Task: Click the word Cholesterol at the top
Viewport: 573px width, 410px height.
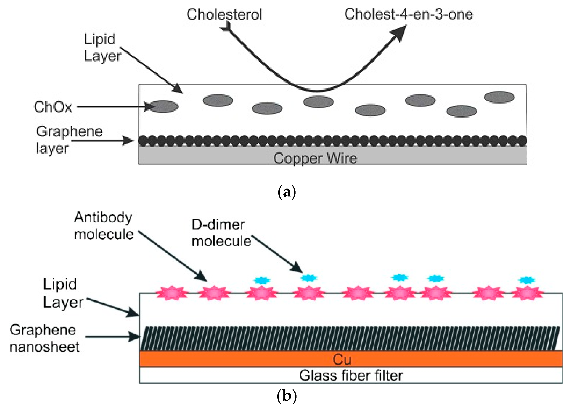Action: coord(224,14)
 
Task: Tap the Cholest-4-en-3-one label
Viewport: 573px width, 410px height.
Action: coord(408,14)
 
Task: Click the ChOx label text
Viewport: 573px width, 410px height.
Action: coord(53,107)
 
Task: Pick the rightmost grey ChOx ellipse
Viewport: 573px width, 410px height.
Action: coord(499,97)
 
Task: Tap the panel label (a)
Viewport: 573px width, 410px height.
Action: coord(286,192)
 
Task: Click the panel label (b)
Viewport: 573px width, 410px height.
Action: coord(286,396)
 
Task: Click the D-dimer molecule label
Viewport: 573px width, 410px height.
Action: coord(221,233)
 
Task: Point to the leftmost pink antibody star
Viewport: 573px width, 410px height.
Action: coord(172,293)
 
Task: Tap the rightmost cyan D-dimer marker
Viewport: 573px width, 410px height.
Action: coord(527,280)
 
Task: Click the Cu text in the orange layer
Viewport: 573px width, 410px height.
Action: coord(342,359)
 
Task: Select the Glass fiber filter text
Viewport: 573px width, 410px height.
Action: coord(350,376)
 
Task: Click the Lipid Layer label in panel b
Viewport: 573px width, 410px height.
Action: coord(63,293)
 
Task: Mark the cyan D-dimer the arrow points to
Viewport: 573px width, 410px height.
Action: coord(309,278)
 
